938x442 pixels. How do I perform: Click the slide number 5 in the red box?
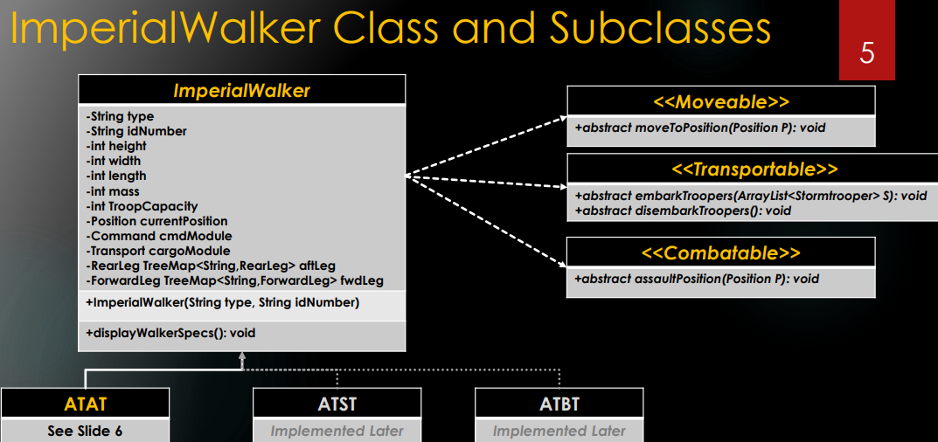[x=867, y=52]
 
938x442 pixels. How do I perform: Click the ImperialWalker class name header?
[x=241, y=90]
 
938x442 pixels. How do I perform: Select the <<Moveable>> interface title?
[x=721, y=101]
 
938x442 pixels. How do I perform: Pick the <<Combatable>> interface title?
[x=720, y=252]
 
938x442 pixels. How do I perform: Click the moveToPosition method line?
[x=700, y=128]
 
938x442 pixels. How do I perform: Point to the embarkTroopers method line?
[x=751, y=196]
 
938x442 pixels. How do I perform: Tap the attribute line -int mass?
[x=113, y=191]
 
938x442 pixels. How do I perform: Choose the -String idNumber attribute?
[x=135, y=131]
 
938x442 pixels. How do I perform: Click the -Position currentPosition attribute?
[x=156, y=221]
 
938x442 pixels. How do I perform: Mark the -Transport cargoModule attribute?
[x=158, y=252]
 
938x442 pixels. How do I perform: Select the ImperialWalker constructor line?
[x=223, y=302]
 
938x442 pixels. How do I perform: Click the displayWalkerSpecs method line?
[x=170, y=333]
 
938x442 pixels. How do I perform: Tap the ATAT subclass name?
[x=85, y=404]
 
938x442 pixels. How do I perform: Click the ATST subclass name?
[x=337, y=404]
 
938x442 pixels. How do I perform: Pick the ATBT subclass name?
[x=559, y=404]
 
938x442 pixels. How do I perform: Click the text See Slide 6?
[x=85, y=431]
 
